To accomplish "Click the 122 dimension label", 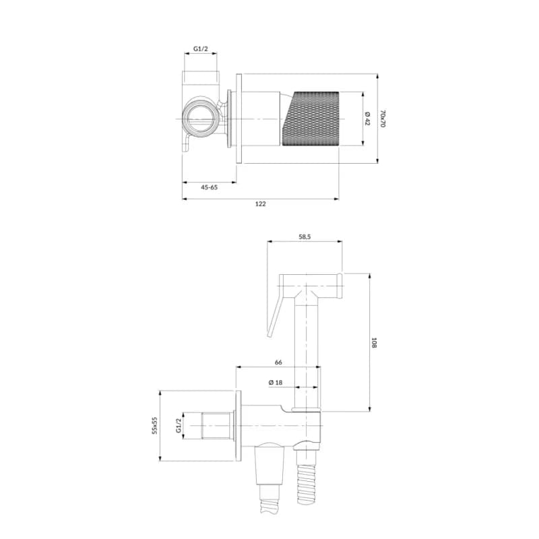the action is (260, 204).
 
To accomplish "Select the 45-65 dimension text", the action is (209, 187).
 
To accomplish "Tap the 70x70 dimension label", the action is (383, 119).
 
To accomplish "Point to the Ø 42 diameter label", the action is (367, 119).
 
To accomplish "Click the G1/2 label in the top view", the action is (200, 49).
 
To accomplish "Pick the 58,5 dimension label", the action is (305, 236).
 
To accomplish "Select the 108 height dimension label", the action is (374, 342).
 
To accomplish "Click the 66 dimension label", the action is (278, 362).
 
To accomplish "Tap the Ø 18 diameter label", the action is (276, 382).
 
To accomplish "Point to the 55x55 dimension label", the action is (155, 426).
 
